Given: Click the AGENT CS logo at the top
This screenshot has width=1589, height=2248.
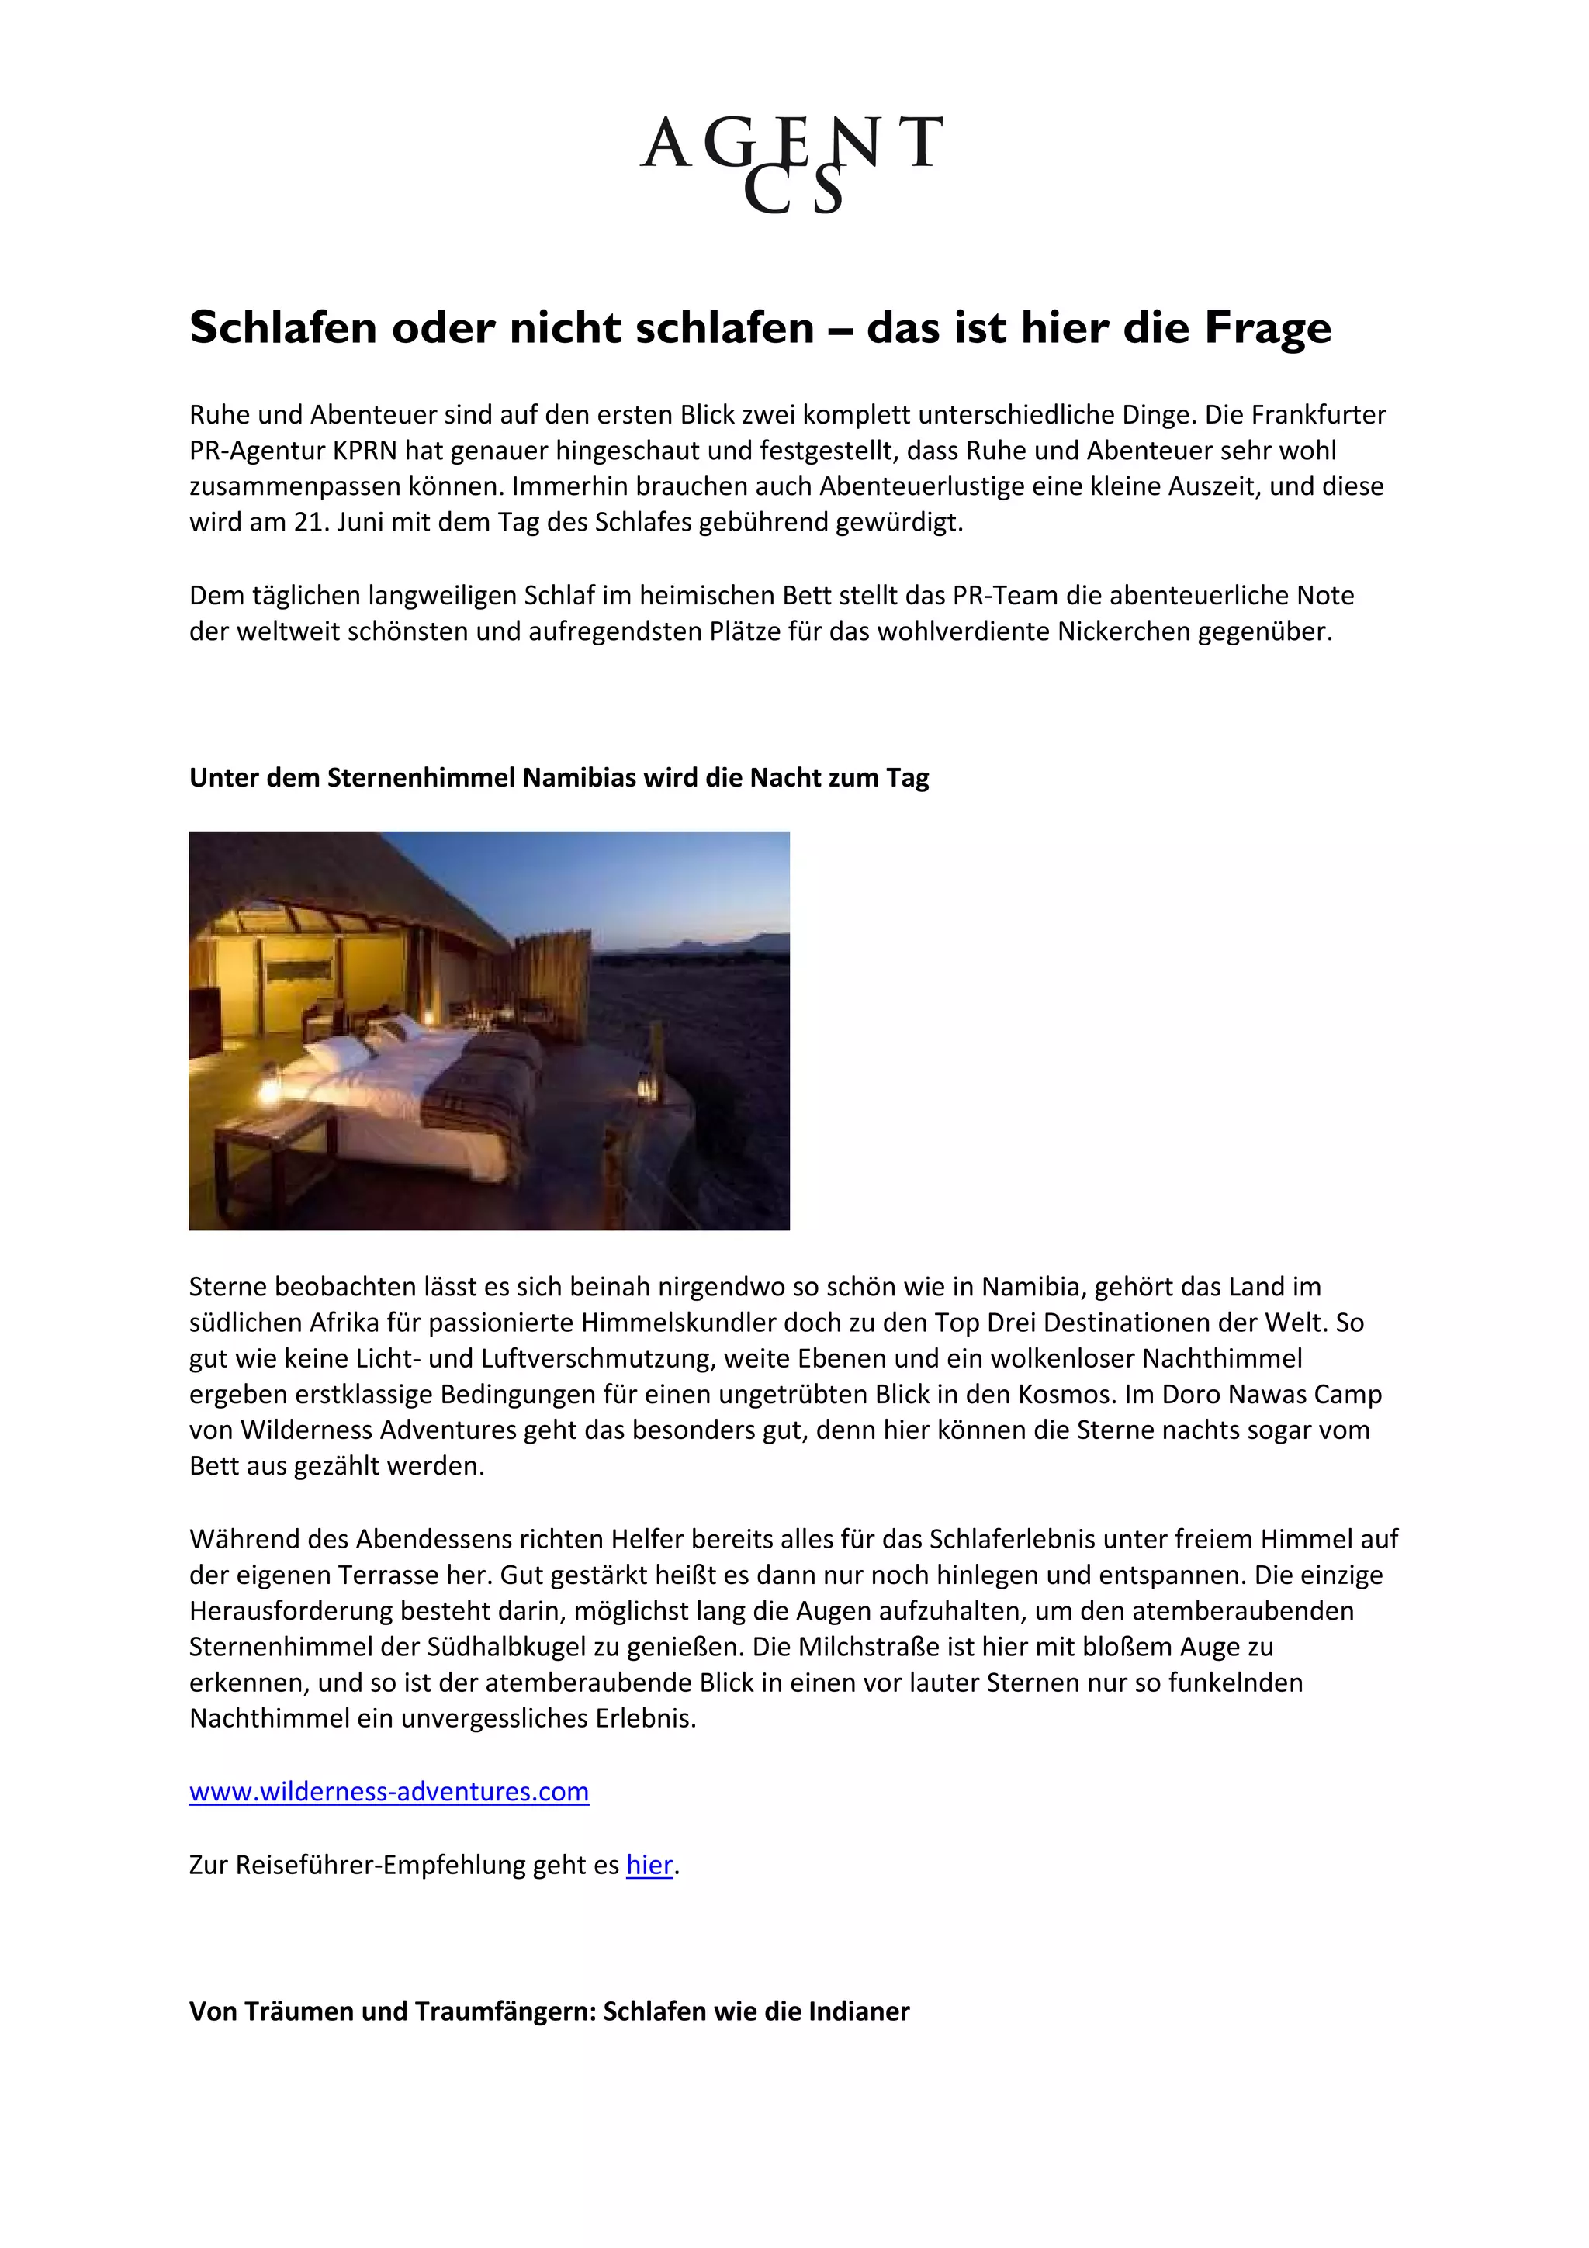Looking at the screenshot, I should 792,161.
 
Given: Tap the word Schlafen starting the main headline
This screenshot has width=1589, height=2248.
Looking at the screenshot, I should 284,328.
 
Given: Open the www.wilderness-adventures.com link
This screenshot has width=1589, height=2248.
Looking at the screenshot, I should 389,1792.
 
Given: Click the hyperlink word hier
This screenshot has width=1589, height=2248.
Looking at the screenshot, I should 649,1865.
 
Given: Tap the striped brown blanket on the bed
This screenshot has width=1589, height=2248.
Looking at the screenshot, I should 479,1091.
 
